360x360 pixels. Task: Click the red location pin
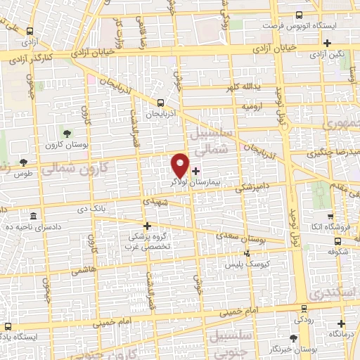180,165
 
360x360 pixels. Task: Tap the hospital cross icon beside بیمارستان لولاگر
195,170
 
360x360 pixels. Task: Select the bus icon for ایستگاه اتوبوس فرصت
300,15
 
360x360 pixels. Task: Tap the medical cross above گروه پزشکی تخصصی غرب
147,226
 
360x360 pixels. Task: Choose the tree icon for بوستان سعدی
247,252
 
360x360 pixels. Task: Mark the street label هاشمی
83,270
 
